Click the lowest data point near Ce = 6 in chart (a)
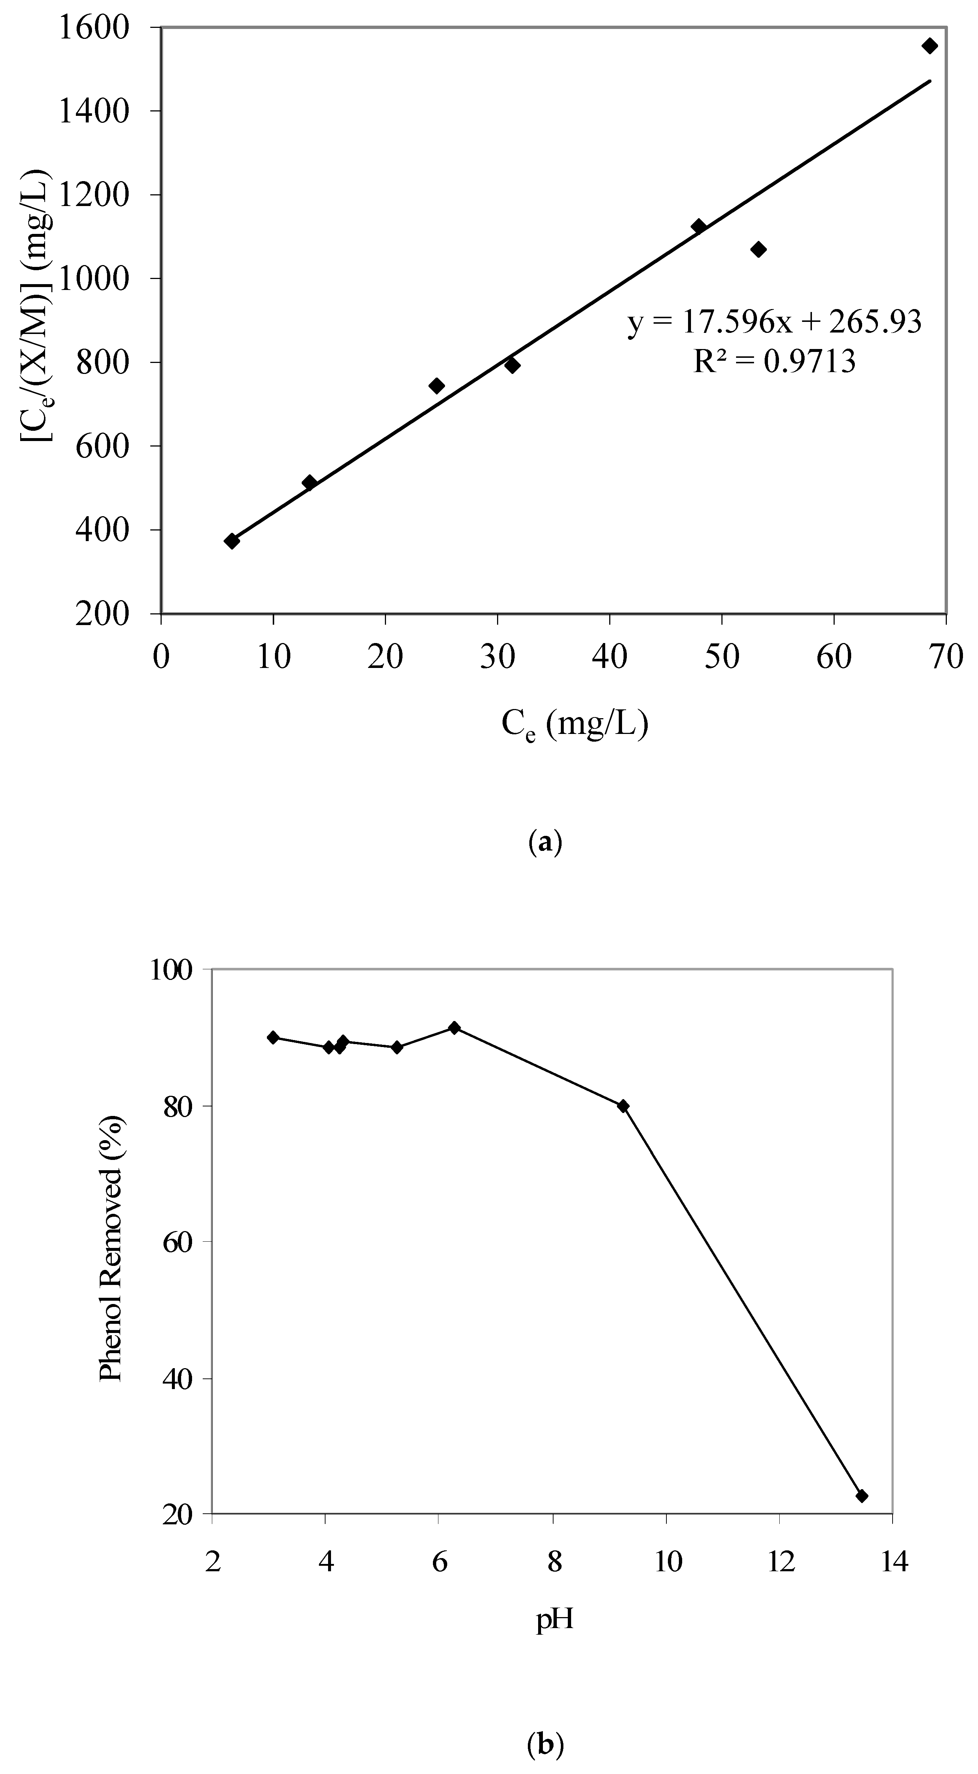[232, 541]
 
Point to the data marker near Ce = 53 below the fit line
[758, 249]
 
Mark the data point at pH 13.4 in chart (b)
[861, 1496]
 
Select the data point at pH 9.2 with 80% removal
[623, 1106]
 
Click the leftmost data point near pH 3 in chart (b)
[273, 1037]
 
